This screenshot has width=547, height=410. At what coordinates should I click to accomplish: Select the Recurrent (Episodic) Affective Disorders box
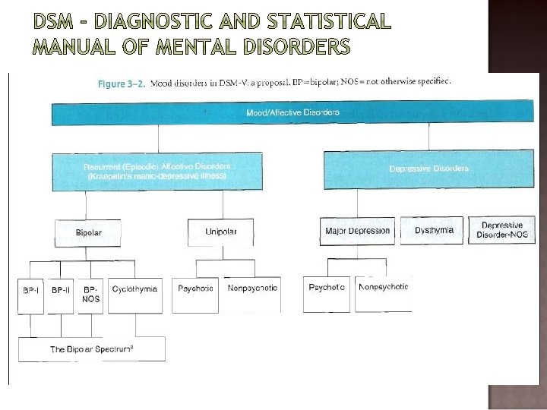[157, 172]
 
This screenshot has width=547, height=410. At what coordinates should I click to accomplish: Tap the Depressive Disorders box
[428, 168]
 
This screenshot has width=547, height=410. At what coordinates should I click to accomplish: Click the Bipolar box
[88, 232]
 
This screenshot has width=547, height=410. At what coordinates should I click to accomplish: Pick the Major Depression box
[357, 231]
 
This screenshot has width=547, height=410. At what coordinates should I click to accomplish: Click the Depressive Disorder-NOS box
[501, 230]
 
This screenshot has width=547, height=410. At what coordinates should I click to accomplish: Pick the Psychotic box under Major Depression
[327, 293]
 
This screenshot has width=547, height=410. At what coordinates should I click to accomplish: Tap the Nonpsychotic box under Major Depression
[383, 293]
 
